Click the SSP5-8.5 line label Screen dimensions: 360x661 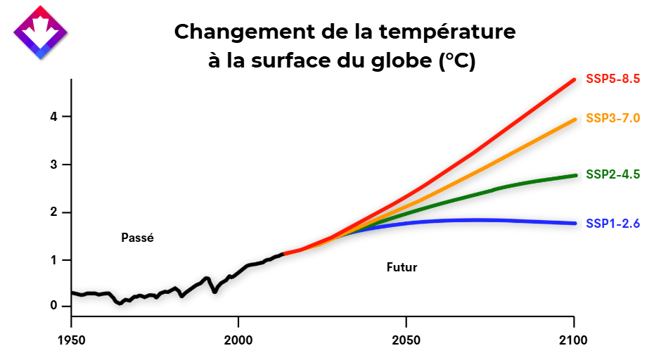(x=612, y=79)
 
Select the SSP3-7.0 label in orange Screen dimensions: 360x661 (x=612, y=117)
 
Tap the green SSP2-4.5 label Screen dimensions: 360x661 (x=612, y=174)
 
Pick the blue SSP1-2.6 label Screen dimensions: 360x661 (x=612, y=224)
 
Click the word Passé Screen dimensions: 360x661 (x=137, y=238)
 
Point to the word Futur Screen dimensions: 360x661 (x=402, y=267)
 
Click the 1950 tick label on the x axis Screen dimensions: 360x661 (x=72, y=341)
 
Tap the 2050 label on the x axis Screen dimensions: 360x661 (x=406, y=341)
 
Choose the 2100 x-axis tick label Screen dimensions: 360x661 (x=574, y=341)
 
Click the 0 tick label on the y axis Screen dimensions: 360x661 (x=53, y=306)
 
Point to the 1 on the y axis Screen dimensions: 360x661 (x=53, y=259)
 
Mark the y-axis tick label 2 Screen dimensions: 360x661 (x=53, y=212)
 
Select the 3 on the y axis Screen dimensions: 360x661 (x=53, y=165)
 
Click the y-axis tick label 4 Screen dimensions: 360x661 (x=53, y=116)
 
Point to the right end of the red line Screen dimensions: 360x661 (x=575, y=79)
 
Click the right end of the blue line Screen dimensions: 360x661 (x=575, y=224)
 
